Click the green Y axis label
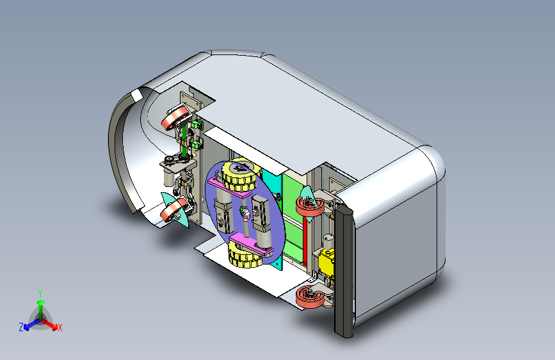coord(40,291)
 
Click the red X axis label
coord(60,328)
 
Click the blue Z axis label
coord(21,327)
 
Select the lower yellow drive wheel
coord(246,257)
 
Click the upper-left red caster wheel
coord(175,119)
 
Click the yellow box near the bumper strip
coord(328,263)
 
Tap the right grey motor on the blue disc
coord(262,214)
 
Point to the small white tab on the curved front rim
coord(135,95)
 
